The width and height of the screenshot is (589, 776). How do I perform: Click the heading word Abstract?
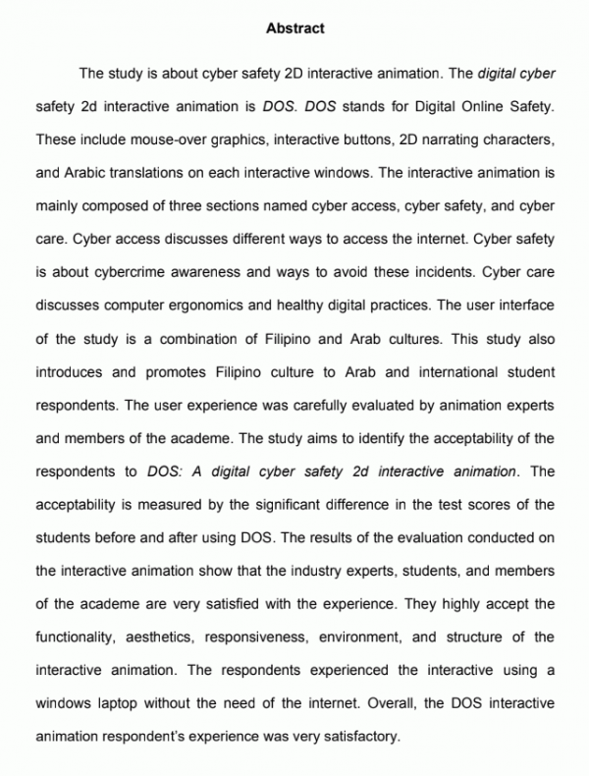(294, 29)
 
